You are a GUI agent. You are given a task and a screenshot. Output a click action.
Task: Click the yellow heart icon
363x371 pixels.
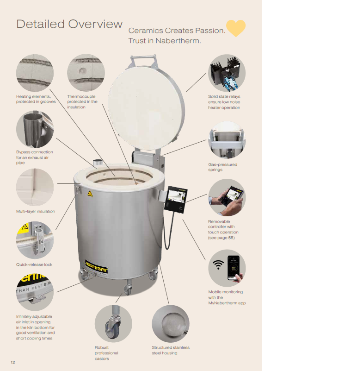236,28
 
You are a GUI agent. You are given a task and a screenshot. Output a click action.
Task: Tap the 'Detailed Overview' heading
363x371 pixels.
69,24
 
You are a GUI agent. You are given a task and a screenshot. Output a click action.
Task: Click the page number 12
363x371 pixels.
13,362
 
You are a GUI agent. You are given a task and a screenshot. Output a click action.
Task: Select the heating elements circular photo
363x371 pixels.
35,73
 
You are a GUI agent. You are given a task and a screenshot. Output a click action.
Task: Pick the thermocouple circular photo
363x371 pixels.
86,73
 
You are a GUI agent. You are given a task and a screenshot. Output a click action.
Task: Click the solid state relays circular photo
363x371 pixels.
227,73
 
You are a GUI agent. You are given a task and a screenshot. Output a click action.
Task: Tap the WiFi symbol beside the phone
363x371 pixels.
218,264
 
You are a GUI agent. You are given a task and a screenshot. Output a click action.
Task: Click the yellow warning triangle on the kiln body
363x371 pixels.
90,194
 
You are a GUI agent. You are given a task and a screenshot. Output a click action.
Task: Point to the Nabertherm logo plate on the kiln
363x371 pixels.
96,267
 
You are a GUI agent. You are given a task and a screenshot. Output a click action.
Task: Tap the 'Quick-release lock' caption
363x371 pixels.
34,264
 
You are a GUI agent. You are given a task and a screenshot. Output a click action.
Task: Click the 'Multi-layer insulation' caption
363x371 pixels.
36,211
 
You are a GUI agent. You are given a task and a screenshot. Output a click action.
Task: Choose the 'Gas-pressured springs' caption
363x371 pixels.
223,167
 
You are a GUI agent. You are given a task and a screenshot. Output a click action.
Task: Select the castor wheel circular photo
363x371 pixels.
113,324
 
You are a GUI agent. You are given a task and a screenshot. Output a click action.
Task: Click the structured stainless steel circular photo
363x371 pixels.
171,324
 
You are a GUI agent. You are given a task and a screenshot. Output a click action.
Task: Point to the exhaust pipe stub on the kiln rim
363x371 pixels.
97,163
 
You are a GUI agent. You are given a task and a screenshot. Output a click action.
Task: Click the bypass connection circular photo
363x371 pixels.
35,129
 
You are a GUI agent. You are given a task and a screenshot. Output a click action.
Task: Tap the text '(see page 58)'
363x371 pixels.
221,238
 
